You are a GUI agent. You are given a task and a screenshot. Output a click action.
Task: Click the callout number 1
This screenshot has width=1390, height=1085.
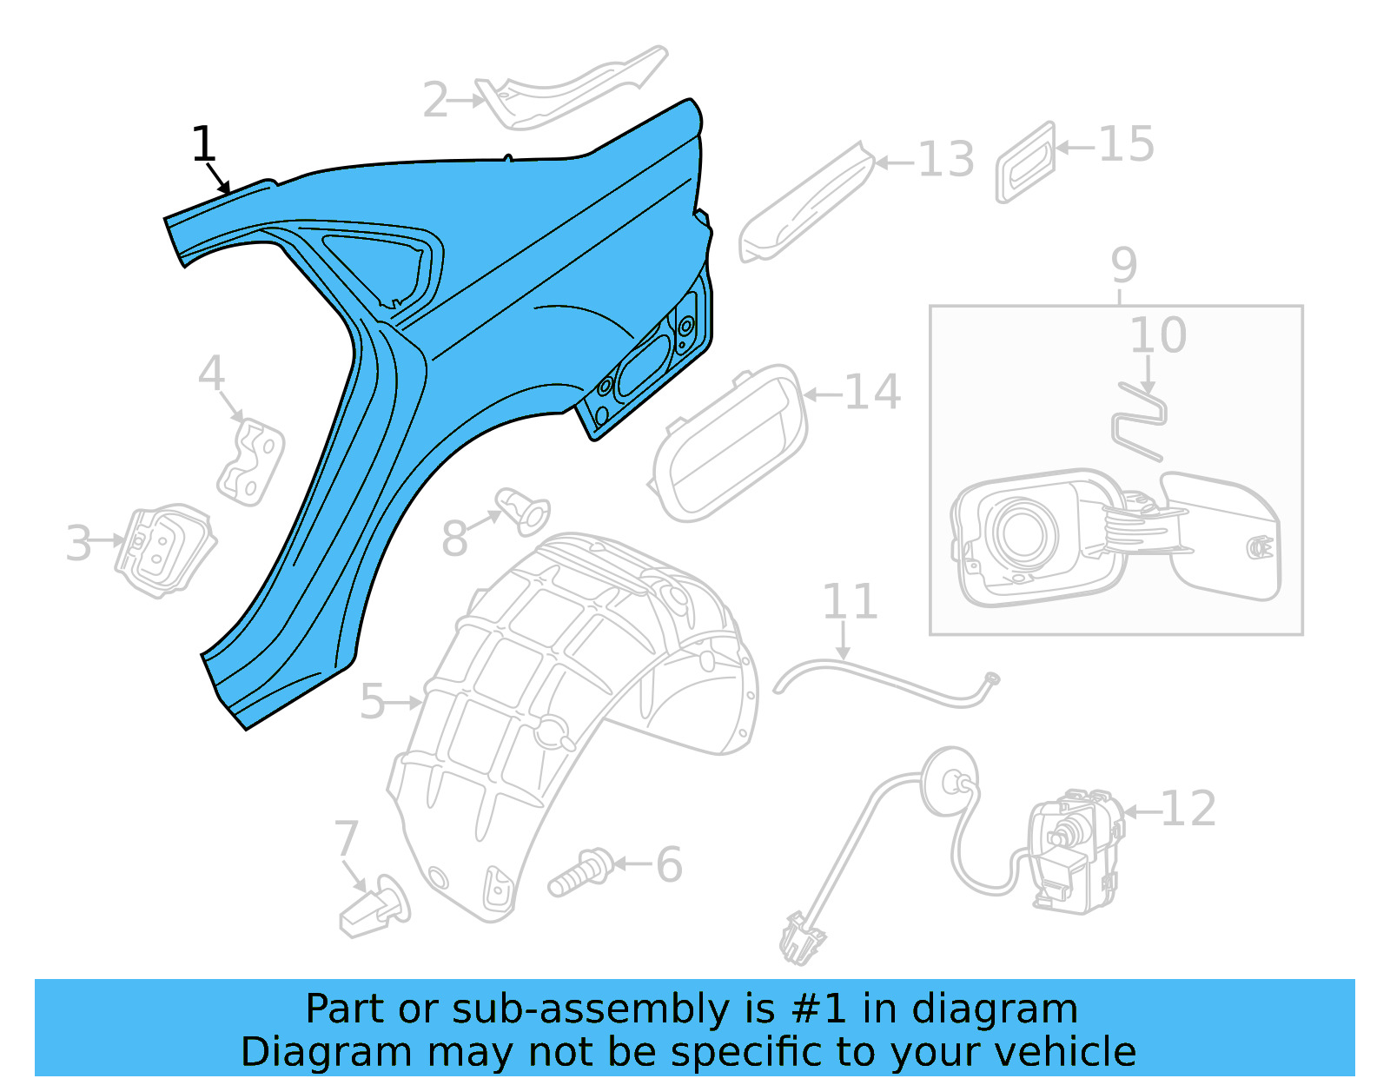click(203, 144)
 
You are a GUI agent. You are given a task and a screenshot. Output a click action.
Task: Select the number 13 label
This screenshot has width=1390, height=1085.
click(946, 161)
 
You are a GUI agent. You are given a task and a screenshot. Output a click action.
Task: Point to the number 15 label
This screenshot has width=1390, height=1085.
click(1127, 144)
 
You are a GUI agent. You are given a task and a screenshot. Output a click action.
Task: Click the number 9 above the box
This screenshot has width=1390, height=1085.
click(1123, 265)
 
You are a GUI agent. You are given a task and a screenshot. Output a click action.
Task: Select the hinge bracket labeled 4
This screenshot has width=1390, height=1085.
click(251, 461)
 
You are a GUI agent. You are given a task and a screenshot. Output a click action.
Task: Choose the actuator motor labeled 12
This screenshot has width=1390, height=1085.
click(1073, 851)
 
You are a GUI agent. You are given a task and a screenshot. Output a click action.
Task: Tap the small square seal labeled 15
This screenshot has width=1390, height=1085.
click(1026, 162)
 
